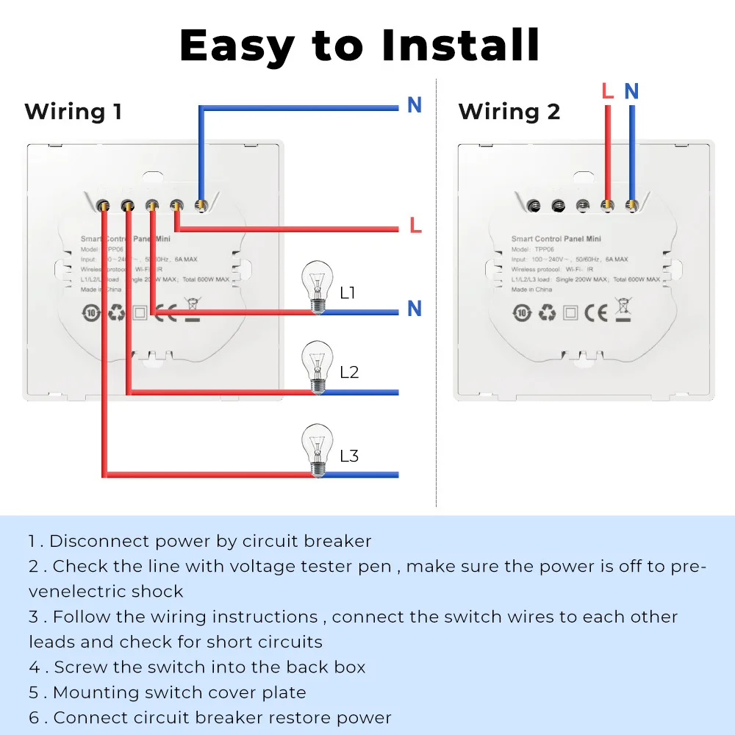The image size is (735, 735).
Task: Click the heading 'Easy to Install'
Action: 359,46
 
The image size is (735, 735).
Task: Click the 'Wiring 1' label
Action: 73,112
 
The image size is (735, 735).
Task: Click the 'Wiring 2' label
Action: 509,112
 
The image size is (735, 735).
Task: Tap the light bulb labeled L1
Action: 317,288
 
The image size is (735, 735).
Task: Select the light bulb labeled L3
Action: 317,451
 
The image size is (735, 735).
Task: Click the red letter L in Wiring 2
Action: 607,91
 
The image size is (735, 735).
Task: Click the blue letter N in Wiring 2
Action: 631,91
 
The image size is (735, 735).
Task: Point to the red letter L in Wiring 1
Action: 415,226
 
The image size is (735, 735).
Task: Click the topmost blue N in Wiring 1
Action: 415,106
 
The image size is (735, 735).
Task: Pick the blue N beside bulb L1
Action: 415,309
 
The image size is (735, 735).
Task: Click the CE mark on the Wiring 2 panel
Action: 596,312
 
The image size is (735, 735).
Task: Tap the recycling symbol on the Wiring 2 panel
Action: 546,312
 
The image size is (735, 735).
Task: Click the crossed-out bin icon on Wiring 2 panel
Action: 623,311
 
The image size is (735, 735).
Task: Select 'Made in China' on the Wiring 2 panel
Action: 531,290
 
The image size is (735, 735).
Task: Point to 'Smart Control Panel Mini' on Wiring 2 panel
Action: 556,239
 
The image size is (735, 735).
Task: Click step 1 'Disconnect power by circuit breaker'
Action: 200,541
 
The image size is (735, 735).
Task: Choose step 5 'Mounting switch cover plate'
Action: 168,692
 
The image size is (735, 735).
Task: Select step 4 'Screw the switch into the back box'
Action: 197,667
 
